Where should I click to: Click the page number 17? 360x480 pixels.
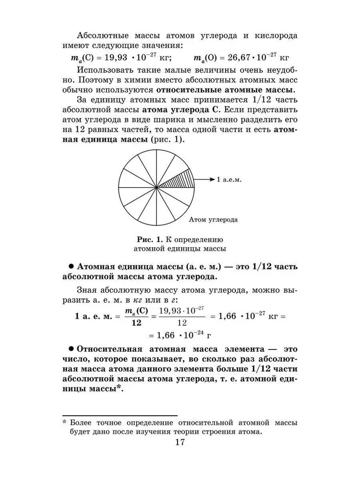click(180, 442)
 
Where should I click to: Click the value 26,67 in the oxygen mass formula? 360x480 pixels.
click(229, 58)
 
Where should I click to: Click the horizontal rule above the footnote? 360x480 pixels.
click(120, 415)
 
